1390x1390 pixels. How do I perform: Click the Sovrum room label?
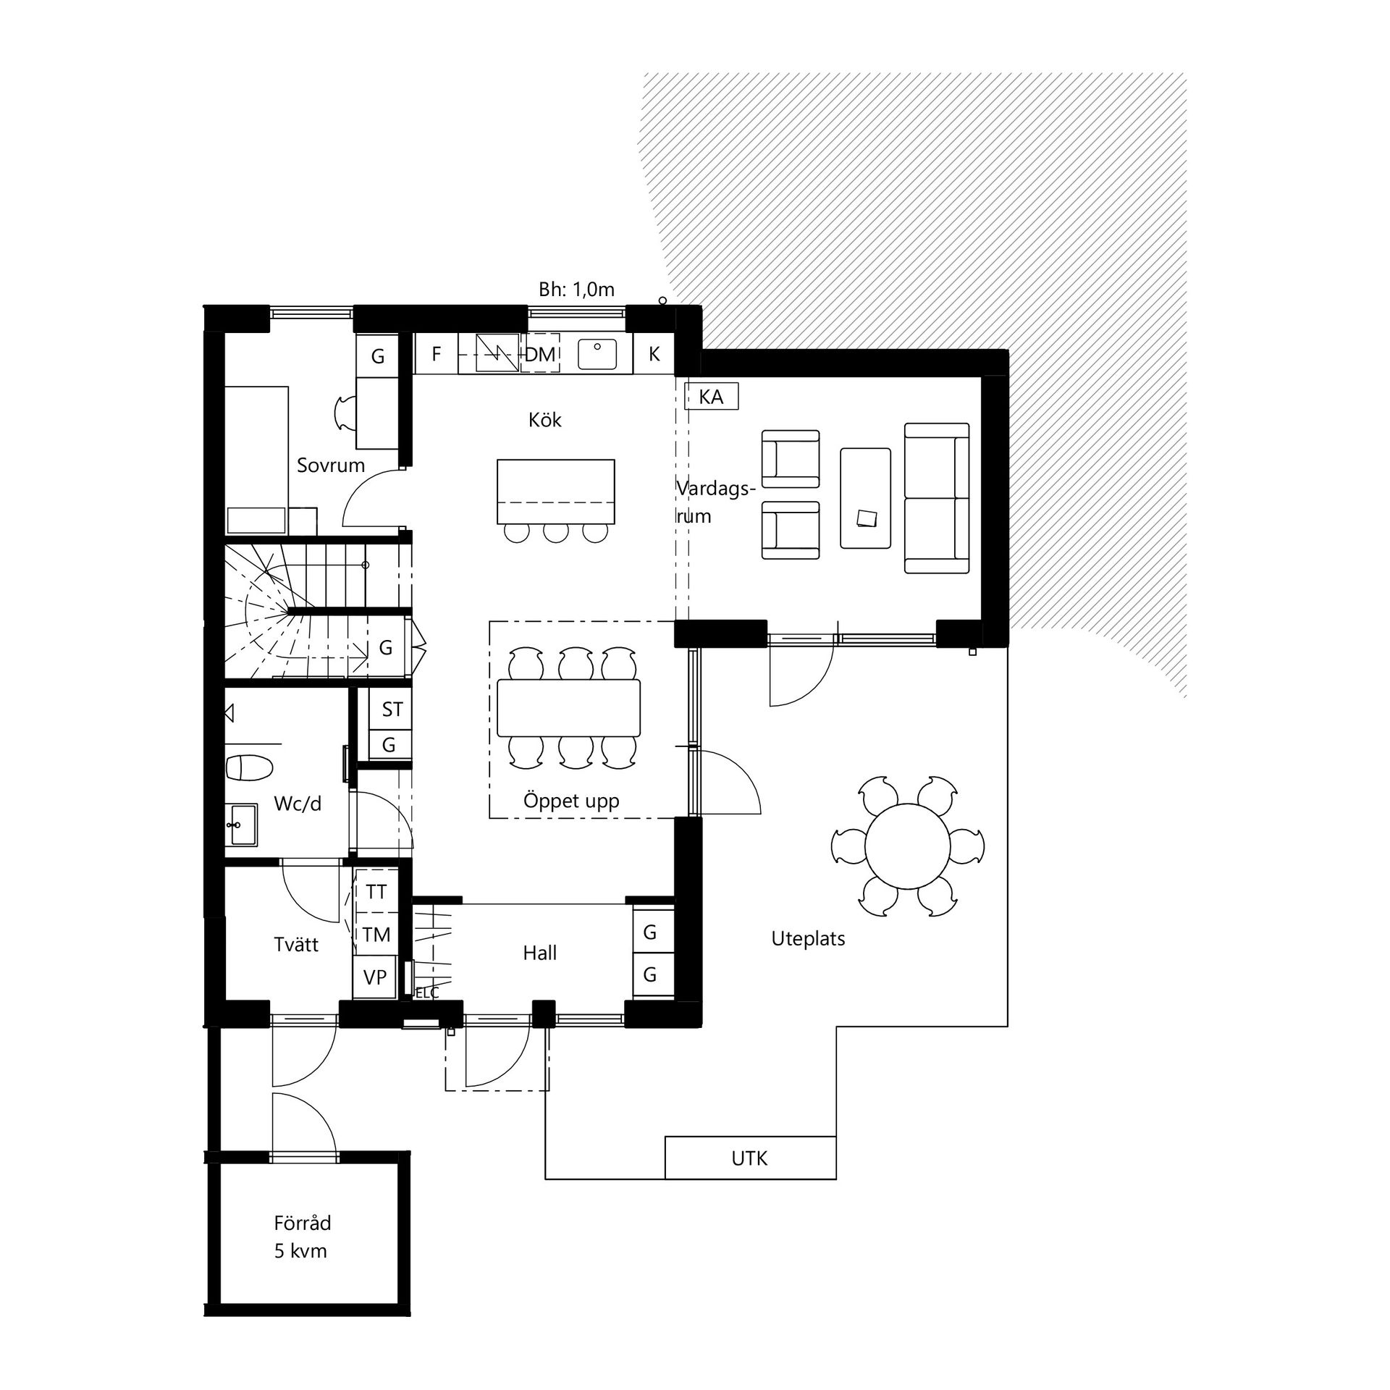(x=330, y=465)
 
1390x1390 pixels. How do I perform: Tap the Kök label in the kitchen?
(x=544, y=420)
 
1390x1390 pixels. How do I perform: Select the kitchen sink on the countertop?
(x=597, y=353)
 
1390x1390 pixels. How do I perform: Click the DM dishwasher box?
(x=540, y=353)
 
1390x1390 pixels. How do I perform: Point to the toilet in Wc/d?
(x=249, y=767)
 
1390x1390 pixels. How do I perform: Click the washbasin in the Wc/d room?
(x=241, y=825)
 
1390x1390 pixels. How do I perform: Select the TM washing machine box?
(x=376, y=935)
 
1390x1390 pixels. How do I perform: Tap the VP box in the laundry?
(x=375, y=977)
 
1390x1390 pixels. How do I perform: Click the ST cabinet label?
(x=392, y=709)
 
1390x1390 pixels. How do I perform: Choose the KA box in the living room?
(x=712, y=397)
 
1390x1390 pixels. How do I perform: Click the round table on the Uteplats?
(x=907, y=846)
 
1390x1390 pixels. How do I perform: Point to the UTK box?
(x=750, y=1158)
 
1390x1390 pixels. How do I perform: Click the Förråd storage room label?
(x=303, y=1223)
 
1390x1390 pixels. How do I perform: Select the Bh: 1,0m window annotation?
(x=576, y=290)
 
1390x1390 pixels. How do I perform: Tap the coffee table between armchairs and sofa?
(x=865, y=498)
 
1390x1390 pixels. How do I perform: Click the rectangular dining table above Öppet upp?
(x=569, y=707)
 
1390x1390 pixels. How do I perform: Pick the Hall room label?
(x=540, y=953)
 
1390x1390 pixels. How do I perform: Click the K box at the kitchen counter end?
(x=654, y=353)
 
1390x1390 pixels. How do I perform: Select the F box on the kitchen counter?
(x=436, y=353)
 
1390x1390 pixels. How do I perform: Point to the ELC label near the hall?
(x=426, y=993)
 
